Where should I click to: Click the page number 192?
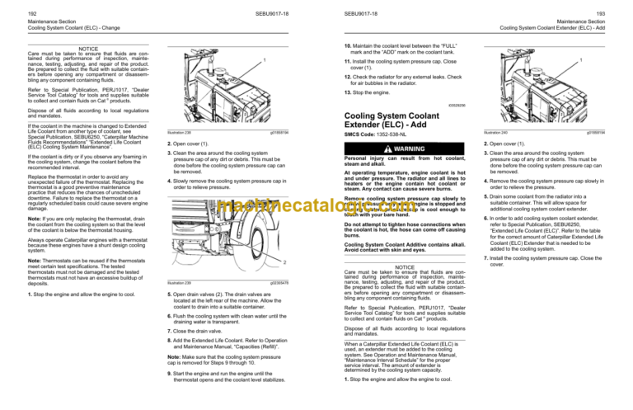pyautogui.click(x=11, y=7)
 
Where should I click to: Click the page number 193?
pyautogui.click(x=622, y=7)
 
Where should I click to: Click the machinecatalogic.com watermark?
pyautogui.click(x=316, y=209)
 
